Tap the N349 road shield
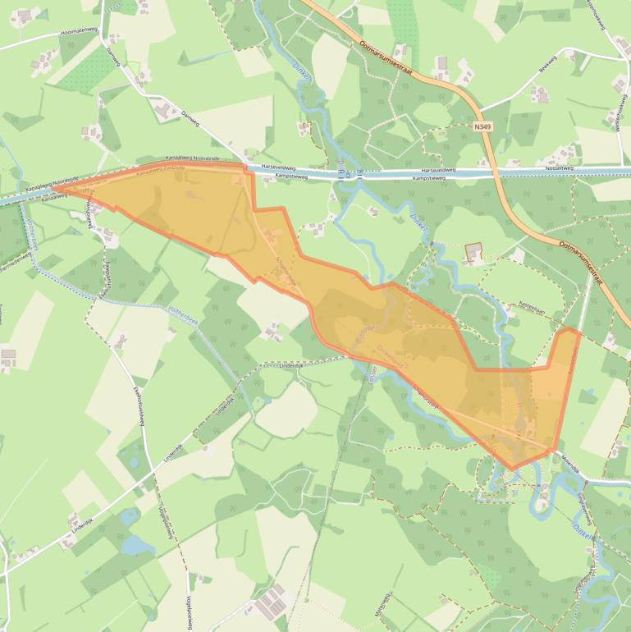tap(483, 127)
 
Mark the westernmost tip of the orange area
tap(53, 190)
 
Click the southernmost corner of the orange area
tap(514, 469)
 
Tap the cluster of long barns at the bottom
tap(271, 604)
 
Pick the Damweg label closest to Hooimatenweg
tap(114, 53)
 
